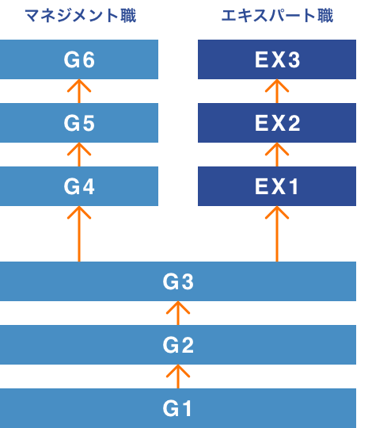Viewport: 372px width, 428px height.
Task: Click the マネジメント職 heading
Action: point(81,16)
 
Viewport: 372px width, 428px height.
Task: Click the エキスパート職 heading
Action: point(277,16)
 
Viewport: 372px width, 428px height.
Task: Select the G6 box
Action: point(79,59)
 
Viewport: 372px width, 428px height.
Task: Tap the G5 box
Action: point(79,123)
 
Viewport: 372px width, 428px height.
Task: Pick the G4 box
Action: point(79,186)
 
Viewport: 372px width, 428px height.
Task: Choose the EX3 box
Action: point(277,59)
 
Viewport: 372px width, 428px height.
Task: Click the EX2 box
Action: point(277,123)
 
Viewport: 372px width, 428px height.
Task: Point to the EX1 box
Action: point(277,186)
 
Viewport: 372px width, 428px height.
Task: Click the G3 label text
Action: point(178,281)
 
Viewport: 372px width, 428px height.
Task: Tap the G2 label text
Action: point(178,345)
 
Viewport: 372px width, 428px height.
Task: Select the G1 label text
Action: point(177,408)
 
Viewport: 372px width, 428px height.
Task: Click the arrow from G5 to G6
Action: point(79,91)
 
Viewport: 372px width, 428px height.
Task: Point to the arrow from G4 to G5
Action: point(79,155)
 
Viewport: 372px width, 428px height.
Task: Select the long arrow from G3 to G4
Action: point(79,234)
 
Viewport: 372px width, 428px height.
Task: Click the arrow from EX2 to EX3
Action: point(277,91)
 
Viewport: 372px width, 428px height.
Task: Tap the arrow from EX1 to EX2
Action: point(277,155)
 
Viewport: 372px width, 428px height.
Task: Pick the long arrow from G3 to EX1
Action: point(277,234)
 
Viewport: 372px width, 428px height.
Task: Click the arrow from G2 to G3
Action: point(178,313)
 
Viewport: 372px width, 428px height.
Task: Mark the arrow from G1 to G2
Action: point(178,376)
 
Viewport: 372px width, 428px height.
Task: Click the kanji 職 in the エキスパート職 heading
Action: point(325,16)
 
